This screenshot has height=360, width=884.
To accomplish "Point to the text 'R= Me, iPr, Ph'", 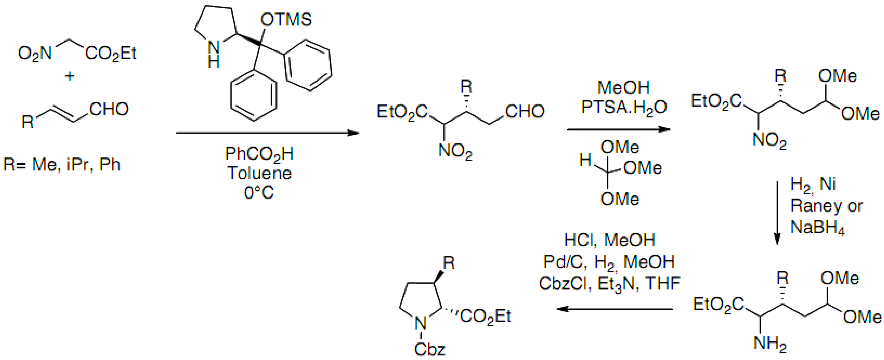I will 62,165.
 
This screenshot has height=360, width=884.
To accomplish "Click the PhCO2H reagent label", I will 259,154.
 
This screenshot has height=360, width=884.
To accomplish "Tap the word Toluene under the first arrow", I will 259,173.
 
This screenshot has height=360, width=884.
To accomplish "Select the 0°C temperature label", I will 259,193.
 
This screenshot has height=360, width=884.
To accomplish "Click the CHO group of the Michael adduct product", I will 525,111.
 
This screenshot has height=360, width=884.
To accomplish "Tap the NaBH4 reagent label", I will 817,227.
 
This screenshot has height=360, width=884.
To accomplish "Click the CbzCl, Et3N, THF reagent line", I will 609,284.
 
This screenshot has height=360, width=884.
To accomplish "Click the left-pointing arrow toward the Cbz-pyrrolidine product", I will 614,309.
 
